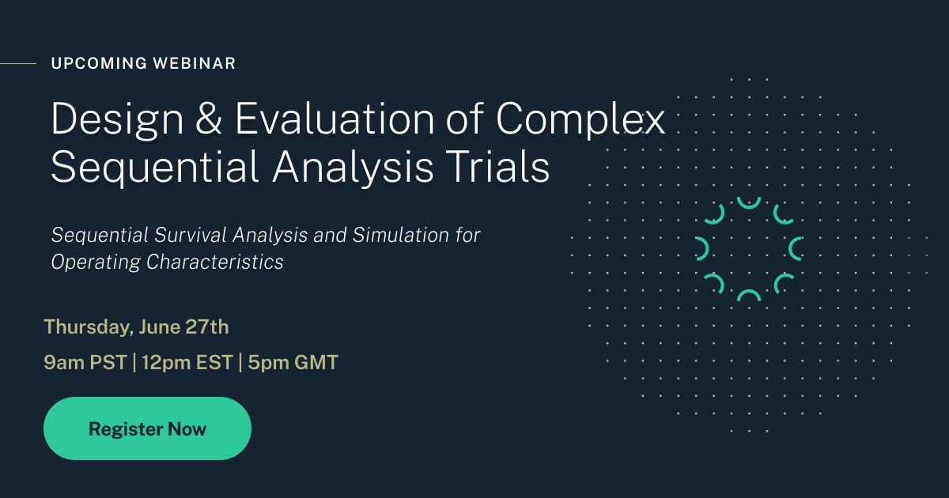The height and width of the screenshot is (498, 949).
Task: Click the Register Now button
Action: (x=147, y=428)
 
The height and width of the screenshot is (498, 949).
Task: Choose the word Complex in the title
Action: (x=580, y=119)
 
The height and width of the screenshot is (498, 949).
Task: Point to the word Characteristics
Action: (x=215, y=262)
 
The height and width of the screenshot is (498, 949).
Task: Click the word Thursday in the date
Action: (x=88, y=326)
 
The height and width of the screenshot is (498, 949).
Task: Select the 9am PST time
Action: (x=85, y=363)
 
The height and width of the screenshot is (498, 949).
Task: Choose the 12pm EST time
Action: (x=187, y=363)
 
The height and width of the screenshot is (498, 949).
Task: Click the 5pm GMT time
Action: (x=293, y=363)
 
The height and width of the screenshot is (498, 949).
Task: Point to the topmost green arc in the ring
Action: (x=748, y=202)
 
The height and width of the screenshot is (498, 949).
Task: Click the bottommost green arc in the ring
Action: (x=748, y=296)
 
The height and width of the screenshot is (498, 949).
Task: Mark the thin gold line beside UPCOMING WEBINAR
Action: (x=17, y=63)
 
